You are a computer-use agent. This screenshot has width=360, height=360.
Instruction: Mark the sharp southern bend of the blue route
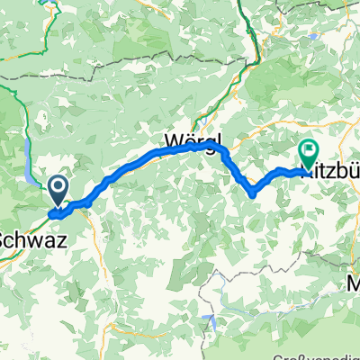[253, 192]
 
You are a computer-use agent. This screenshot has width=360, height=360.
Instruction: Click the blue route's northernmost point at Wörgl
[212, 142]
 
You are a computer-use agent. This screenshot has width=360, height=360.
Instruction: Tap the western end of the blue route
[52, 214]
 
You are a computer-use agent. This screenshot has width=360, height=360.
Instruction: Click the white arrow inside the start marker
[58, 186]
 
